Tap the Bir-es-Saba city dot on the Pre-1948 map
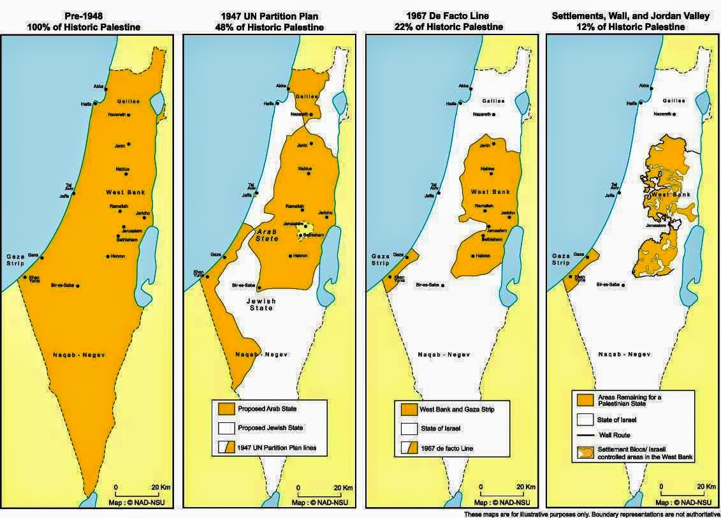(x=78, y=286)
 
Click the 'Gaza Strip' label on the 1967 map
(x=382, y=259)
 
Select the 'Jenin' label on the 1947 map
(x=302, y=146)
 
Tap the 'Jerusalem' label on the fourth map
(x=657, y=225)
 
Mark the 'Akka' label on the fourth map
(x=644, y=85)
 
